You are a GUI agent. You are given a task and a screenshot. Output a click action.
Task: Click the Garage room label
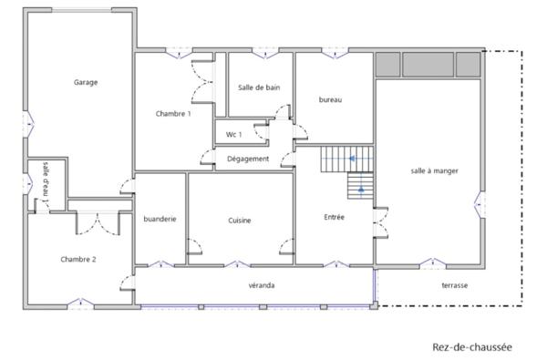86,82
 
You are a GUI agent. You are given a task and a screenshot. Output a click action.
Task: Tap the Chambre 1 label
173,113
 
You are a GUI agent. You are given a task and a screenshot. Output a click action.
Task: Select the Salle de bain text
258,87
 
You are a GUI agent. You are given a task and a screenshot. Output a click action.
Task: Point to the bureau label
330,99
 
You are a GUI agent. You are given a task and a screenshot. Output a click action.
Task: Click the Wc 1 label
233,135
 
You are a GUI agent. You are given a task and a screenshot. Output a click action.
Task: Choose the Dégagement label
248,159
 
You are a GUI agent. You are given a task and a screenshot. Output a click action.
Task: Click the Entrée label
335,217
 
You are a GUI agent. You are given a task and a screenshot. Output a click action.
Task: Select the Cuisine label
240,221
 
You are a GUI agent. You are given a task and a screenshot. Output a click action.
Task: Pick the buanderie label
160,219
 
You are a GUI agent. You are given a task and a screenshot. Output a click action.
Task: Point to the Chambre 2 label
78,260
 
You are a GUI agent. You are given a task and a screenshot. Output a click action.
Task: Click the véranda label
262,285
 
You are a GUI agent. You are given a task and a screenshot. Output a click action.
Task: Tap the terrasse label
454,285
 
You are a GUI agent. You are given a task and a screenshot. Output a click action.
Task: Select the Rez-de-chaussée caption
472,347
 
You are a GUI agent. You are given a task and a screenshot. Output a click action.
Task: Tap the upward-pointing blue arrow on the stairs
361,189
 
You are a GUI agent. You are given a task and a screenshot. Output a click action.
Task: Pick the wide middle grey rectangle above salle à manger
428,65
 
